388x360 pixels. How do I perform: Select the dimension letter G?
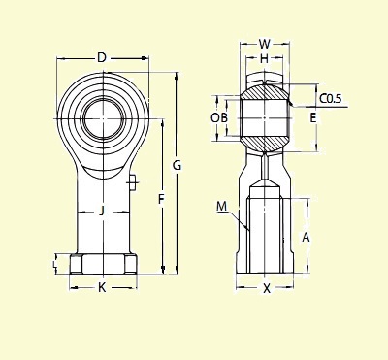(x=177, y=166)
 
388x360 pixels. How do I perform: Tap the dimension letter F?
(x=161, y=200)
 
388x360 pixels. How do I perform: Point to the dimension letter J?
(x=102, y=211)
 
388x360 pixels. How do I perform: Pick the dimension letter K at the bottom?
(x=102, y=286)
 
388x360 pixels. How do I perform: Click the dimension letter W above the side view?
(x=265, y=44)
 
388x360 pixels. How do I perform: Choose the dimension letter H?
(x=264, y=59)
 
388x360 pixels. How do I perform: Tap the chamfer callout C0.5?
(x=330, y=98)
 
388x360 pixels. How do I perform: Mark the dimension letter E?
(x=312, y=117)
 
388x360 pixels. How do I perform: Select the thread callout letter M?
(x=221, y=206)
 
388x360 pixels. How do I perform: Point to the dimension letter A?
(x=307, y=236)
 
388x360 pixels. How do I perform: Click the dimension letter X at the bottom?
(x=266, y=288)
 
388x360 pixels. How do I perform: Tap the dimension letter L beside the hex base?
(x=55, y=263)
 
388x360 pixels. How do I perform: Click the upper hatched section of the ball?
(x=264, y=92)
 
